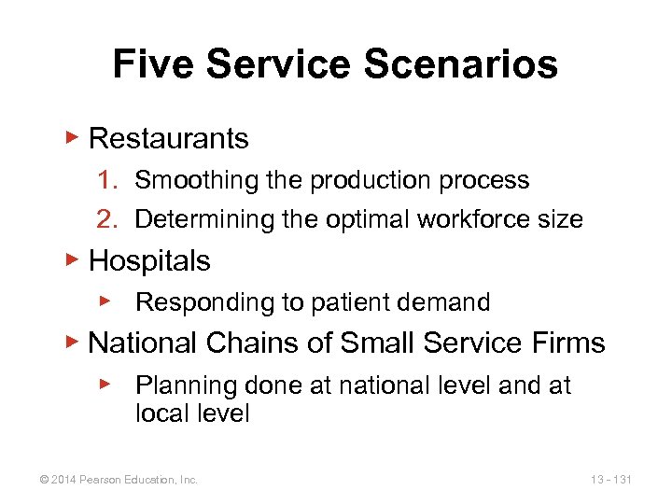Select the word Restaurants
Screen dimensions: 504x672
tap(168, 139)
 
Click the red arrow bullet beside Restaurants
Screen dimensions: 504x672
tap(73, 138)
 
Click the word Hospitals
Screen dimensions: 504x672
tap(149, 261)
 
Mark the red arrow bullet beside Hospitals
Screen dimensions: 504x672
tap(73, 260)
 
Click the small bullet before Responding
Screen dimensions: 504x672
tap(106, 301)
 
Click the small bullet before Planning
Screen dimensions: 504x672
tap(106, 384)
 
